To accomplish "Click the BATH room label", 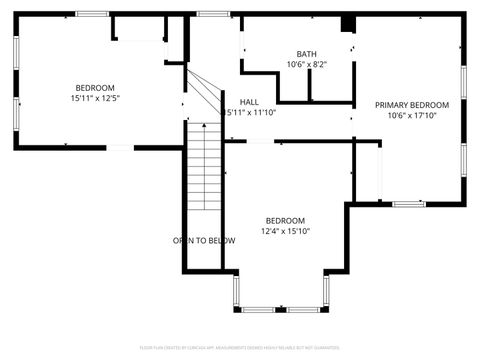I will point(307,54).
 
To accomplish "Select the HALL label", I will point(250,102).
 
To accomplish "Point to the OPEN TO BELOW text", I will point(204,240).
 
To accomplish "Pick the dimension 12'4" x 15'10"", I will point(285,231).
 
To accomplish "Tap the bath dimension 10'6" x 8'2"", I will point(307,65).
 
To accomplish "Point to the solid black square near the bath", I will point(348,25).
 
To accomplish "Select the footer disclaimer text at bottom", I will point(239,347).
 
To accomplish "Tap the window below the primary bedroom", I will point(408,204).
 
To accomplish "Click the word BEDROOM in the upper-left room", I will point(95,87).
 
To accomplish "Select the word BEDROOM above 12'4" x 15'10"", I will point(285,220).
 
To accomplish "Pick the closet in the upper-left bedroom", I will point(140,28).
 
